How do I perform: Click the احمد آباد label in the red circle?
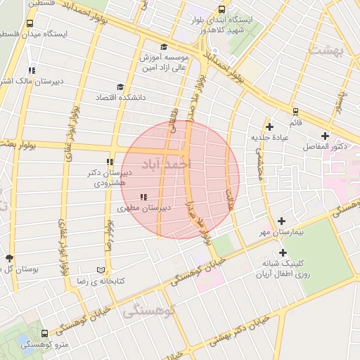tap(166, 164)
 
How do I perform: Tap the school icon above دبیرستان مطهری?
tap(143, 197)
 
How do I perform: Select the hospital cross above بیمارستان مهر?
tap(282, 221)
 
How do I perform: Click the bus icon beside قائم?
tap(295, 110)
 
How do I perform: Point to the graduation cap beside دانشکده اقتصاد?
tap(120, 87)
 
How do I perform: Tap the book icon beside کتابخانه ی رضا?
tap(101, 270)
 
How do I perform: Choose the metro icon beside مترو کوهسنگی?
tap(45, 334)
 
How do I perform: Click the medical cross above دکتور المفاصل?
tap(324, 136)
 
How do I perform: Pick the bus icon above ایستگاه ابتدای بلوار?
tap(222, 10)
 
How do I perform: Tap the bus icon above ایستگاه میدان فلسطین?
tap(30, 22)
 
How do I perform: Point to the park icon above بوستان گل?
tap(9, 258)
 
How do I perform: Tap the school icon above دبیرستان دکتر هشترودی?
tap(110, 162)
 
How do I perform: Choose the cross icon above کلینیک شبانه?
tap(283, 252)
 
